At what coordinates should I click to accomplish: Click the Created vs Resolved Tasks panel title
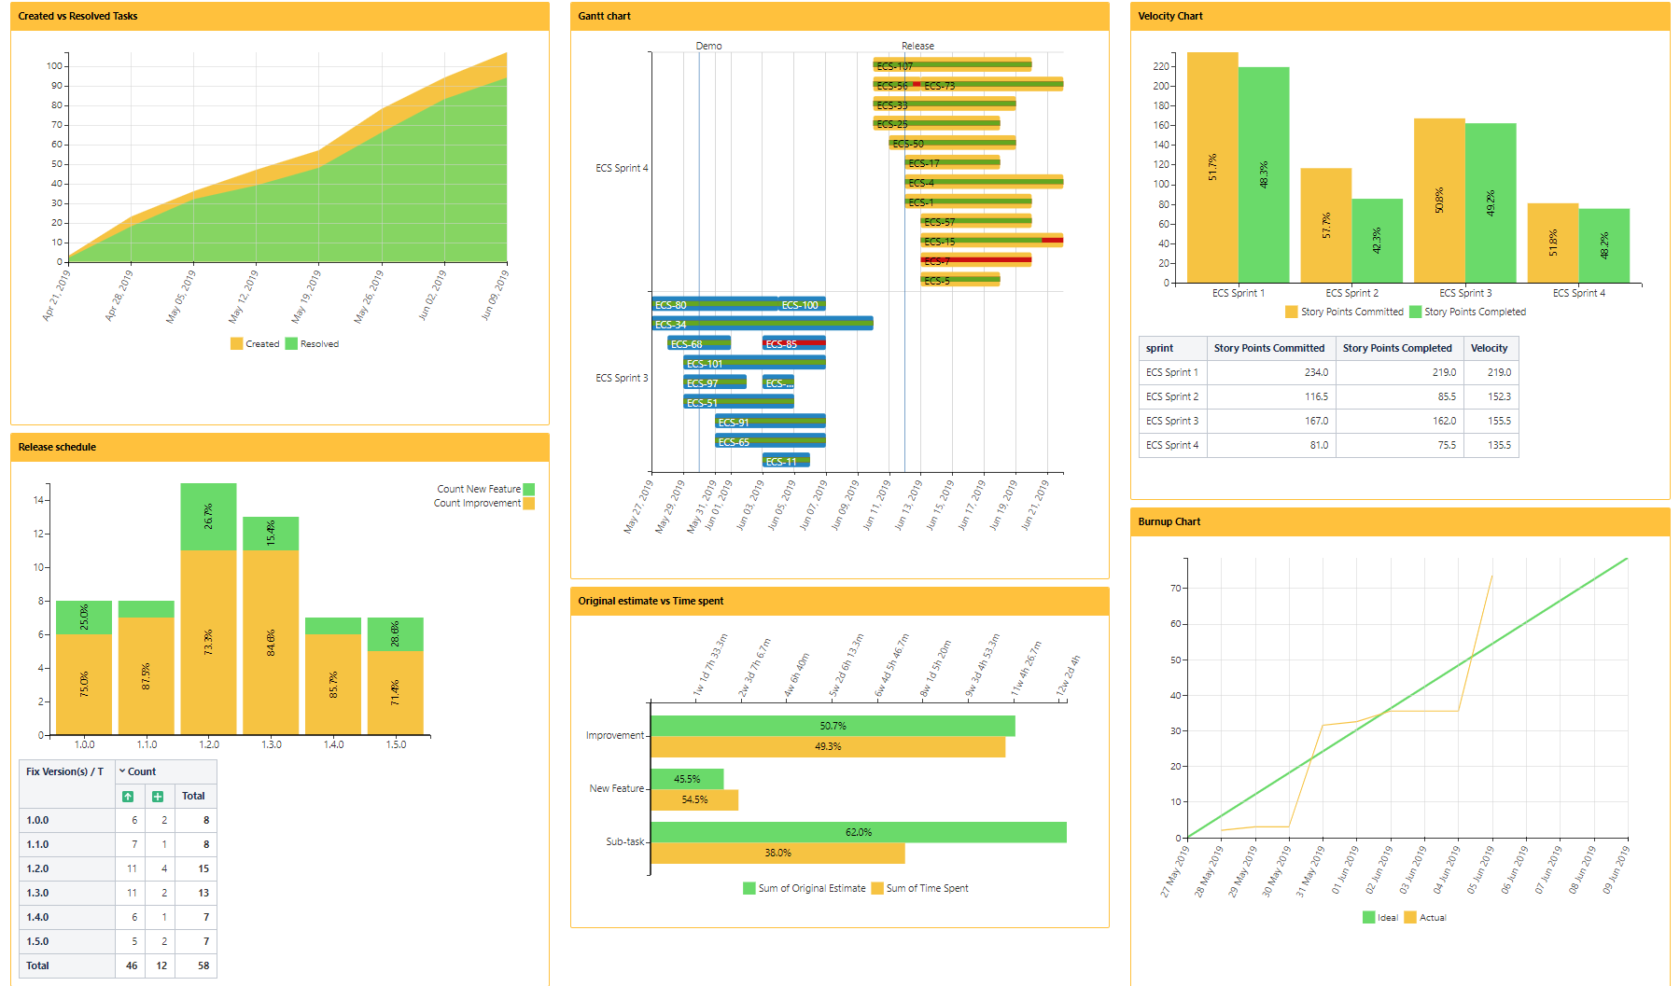(x=77, y=16)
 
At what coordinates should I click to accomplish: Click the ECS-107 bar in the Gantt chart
(x=952, y=65)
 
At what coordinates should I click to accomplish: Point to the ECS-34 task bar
(x=762, y=324)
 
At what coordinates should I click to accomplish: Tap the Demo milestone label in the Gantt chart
(x=708, y=46)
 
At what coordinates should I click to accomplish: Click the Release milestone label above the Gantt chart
(x=917, y=46)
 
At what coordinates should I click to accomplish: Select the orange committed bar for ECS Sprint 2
(x=1325, y=225)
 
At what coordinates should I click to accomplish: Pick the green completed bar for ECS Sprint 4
(x=1603, y=245)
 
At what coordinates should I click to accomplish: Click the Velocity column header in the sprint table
(x=1489, y=348)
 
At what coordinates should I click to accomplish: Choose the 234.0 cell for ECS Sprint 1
(x=1316, y=372)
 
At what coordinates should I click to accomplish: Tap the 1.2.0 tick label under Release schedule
(x=209, y=744)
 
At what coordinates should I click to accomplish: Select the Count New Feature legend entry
(x=480, y=489)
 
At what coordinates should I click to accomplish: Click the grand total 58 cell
(x=203, y=965)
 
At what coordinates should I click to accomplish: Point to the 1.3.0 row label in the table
(x=38, y=893)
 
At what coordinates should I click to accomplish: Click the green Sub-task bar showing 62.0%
(x=858, y=832)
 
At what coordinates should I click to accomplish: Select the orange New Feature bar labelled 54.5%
(x=694, y=799)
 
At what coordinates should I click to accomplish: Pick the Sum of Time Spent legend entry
(x=926, y=888)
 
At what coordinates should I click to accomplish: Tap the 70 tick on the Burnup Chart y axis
(x=1175, y=589)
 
